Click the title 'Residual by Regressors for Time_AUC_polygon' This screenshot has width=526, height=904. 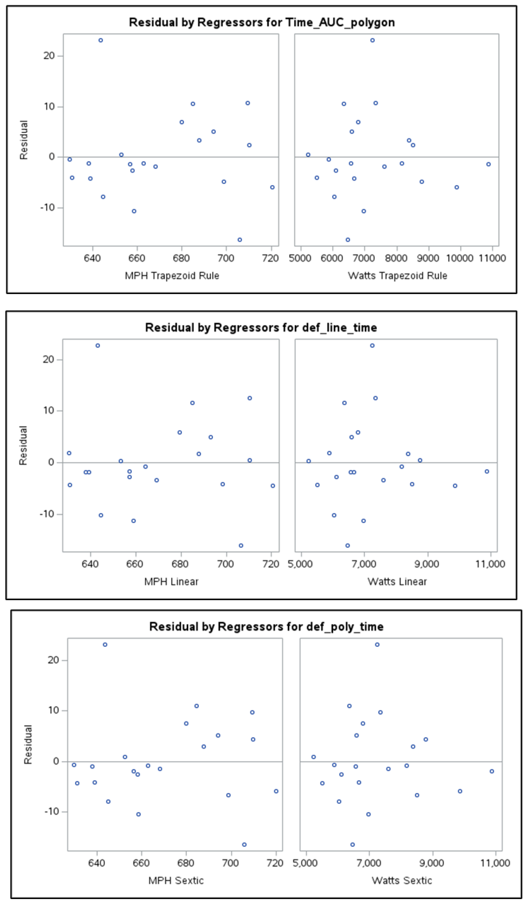[x=262, y=22]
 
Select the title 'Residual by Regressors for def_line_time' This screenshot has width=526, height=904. [x=261, y=328]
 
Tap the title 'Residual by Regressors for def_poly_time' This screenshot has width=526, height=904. [x=266, y=627]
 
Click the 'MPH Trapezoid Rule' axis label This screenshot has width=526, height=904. [x=172, y=276]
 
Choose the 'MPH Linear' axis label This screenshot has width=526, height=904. [x=171, y=582]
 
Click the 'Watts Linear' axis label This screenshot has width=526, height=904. [x=397, y=582]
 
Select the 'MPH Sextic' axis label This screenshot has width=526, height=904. [x=176, y=881]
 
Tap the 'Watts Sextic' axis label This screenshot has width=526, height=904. [x=402, y=881]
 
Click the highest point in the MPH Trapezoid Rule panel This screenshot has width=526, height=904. [x=101, y=40]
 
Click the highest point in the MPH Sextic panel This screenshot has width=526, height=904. [x=105, y=645]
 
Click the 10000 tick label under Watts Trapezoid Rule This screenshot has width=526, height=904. [x=460, y=258]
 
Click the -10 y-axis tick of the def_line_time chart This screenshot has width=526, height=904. [x=47, y=514]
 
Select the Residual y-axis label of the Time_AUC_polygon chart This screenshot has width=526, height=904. [x=24, y=140]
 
